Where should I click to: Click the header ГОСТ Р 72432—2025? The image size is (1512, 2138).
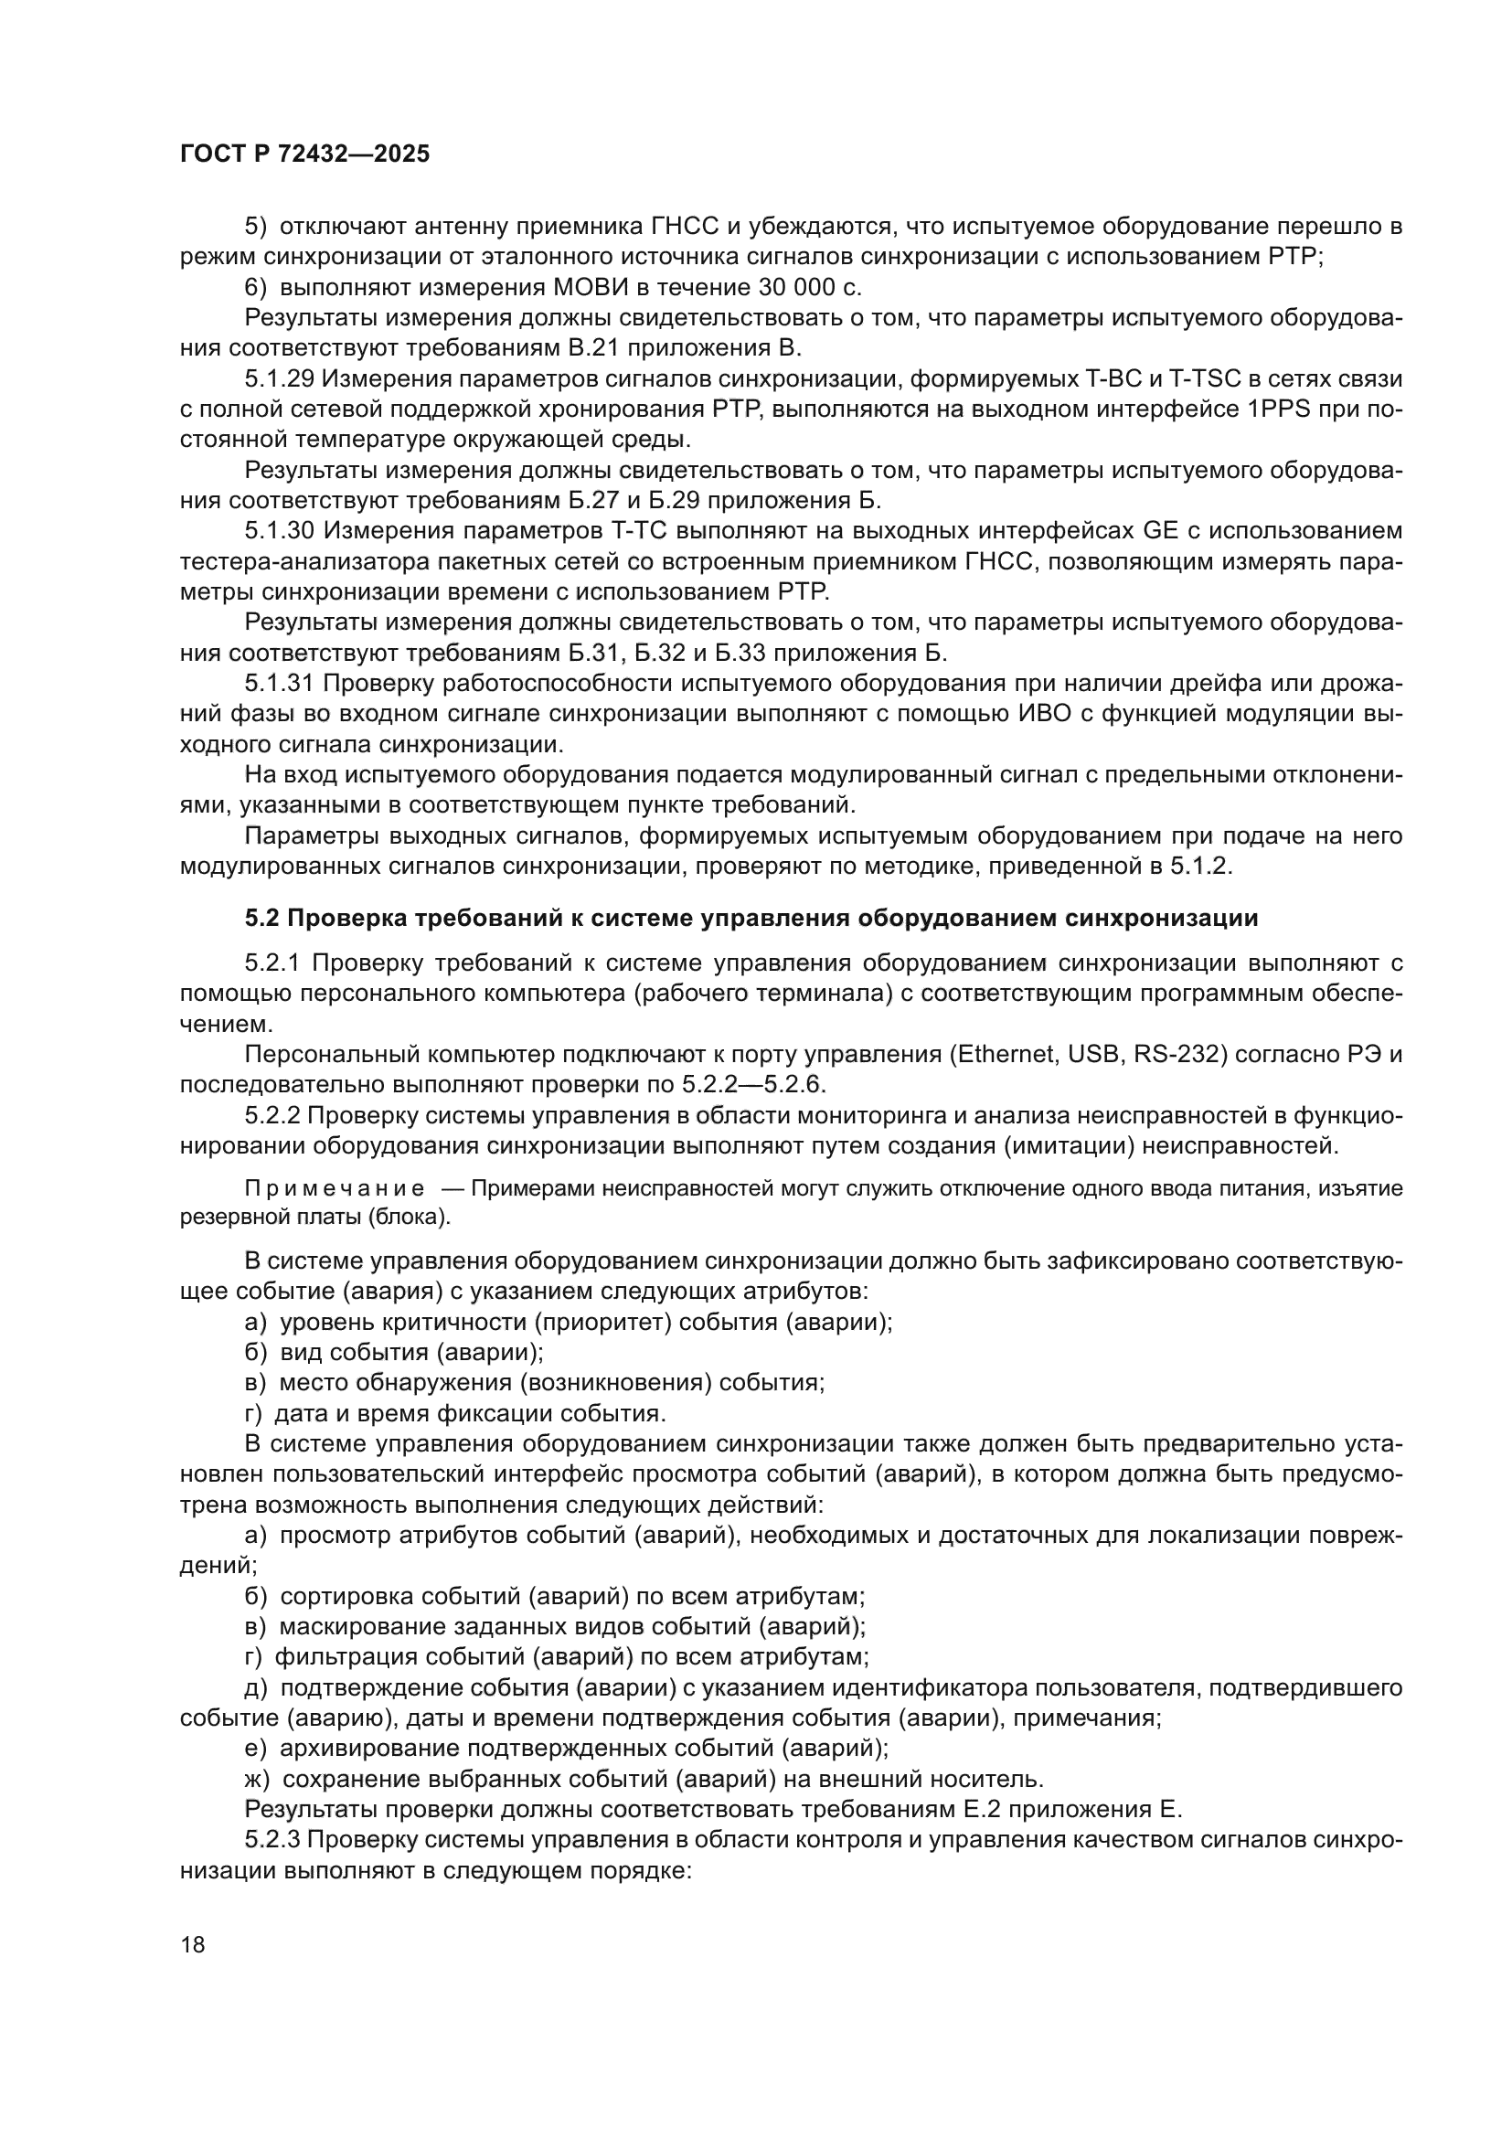click(304, 154)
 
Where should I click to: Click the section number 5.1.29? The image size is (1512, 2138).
click(280, 379)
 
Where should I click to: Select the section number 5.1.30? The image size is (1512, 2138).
click(280, 531)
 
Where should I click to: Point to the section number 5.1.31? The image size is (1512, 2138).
click(280, 684)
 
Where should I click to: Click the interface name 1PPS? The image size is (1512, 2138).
click(1277, 410)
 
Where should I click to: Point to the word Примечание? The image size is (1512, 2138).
click(335, 1189)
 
